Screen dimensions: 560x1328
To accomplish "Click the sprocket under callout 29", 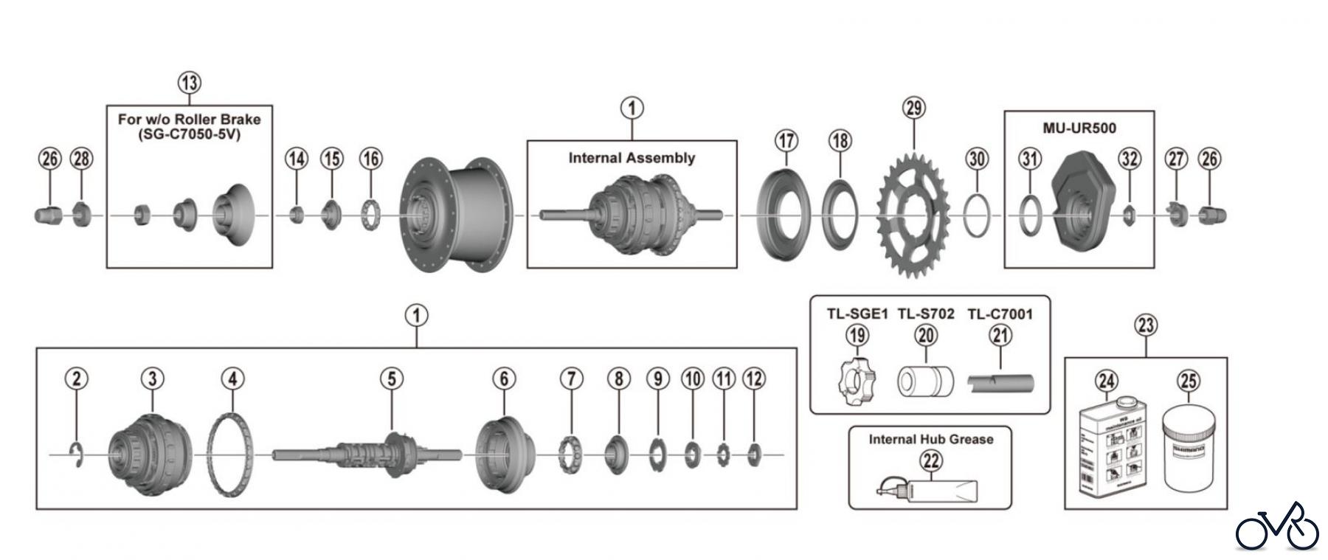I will (x=914, y=214).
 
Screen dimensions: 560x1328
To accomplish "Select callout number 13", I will (x=190, y=83).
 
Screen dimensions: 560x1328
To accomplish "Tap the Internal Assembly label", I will (x=632, y=158).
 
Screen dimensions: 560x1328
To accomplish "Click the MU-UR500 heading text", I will (x=1079, y=128).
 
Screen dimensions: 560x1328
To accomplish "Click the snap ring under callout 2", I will (x=76, y=455).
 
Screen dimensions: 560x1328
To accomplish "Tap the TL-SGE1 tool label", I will (x=857, y=314).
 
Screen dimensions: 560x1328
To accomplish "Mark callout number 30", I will (x=976, y=159).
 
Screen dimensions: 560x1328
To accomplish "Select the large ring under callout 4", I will (x=232, y=454).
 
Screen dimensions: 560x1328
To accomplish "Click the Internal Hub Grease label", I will (x=930, y=439).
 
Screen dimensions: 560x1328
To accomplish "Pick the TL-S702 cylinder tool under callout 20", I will (x=925, y=381).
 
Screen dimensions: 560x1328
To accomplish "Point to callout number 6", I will (x=504, y=379).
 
